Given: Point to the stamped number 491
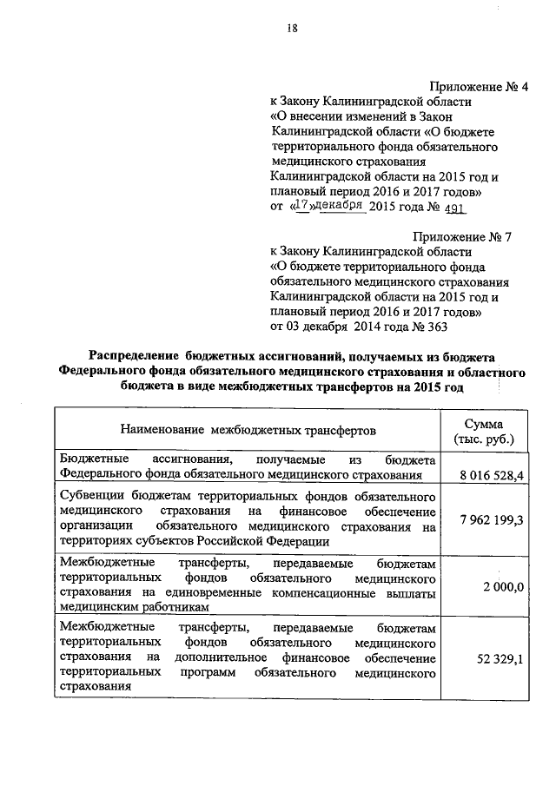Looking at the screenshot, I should [455, 208].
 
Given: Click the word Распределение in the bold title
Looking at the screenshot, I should [134, 356].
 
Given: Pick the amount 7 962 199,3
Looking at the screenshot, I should [487, 519].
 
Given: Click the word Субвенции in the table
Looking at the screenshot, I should [92, 495].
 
